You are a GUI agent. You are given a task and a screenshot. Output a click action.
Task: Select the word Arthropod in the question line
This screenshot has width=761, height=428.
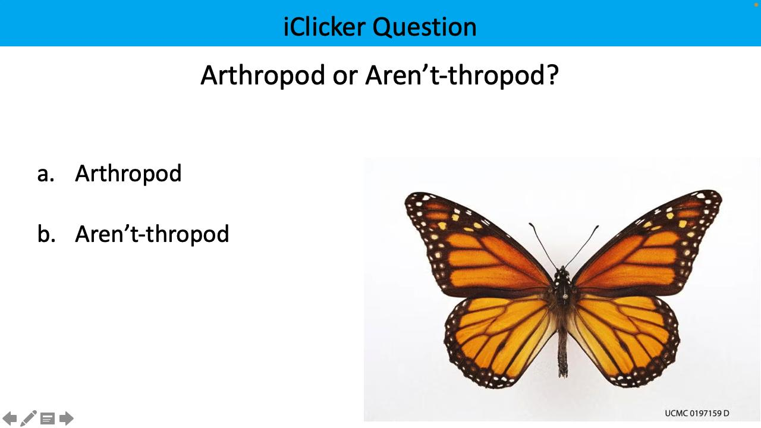point(262,75)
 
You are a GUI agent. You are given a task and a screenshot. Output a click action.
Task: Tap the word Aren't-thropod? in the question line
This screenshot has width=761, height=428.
point(462,75)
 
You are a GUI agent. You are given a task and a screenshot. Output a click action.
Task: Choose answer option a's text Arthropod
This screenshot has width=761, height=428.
point(128,174)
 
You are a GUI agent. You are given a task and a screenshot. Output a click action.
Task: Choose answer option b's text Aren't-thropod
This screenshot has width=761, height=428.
point(152,234)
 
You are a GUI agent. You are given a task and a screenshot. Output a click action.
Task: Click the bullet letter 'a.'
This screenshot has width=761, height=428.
point(46,174)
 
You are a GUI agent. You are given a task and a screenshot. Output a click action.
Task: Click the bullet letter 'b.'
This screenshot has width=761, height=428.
point(46,234)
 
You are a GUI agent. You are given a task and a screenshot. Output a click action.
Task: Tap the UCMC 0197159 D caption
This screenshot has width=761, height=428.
point(697,413)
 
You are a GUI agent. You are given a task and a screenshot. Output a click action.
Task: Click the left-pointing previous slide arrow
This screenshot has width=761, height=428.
point(10,418)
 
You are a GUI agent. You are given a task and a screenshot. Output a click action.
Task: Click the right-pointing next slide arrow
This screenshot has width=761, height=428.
point(67,418)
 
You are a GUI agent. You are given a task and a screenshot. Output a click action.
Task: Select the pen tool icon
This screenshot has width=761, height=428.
point(29,418)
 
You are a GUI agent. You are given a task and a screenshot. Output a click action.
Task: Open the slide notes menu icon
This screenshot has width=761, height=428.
point(48,419)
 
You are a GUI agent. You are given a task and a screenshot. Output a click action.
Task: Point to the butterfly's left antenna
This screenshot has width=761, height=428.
point(542,246)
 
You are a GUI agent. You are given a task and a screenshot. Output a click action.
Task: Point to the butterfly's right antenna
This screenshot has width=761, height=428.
point(583,246)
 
